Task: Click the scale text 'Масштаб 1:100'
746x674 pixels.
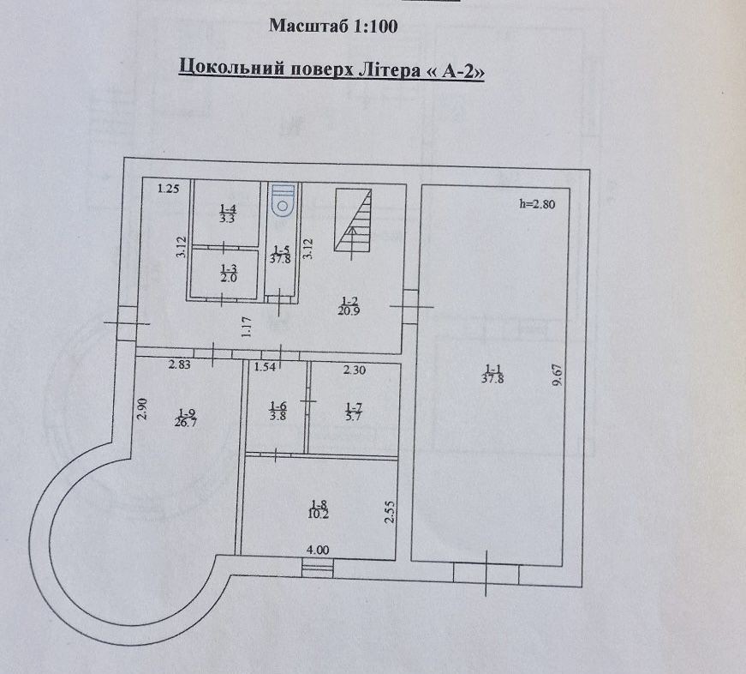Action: (333, 26)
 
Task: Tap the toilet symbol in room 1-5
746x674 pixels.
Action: (282, 200)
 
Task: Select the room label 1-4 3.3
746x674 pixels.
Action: (227, 214)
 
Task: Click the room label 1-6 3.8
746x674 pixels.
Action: (278, 411)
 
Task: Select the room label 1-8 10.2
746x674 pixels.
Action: (319, 509)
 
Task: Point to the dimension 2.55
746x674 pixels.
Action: (388, 511)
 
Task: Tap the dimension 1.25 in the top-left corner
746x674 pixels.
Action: (167, 190)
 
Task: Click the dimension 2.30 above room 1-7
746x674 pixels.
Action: (354, 370)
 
